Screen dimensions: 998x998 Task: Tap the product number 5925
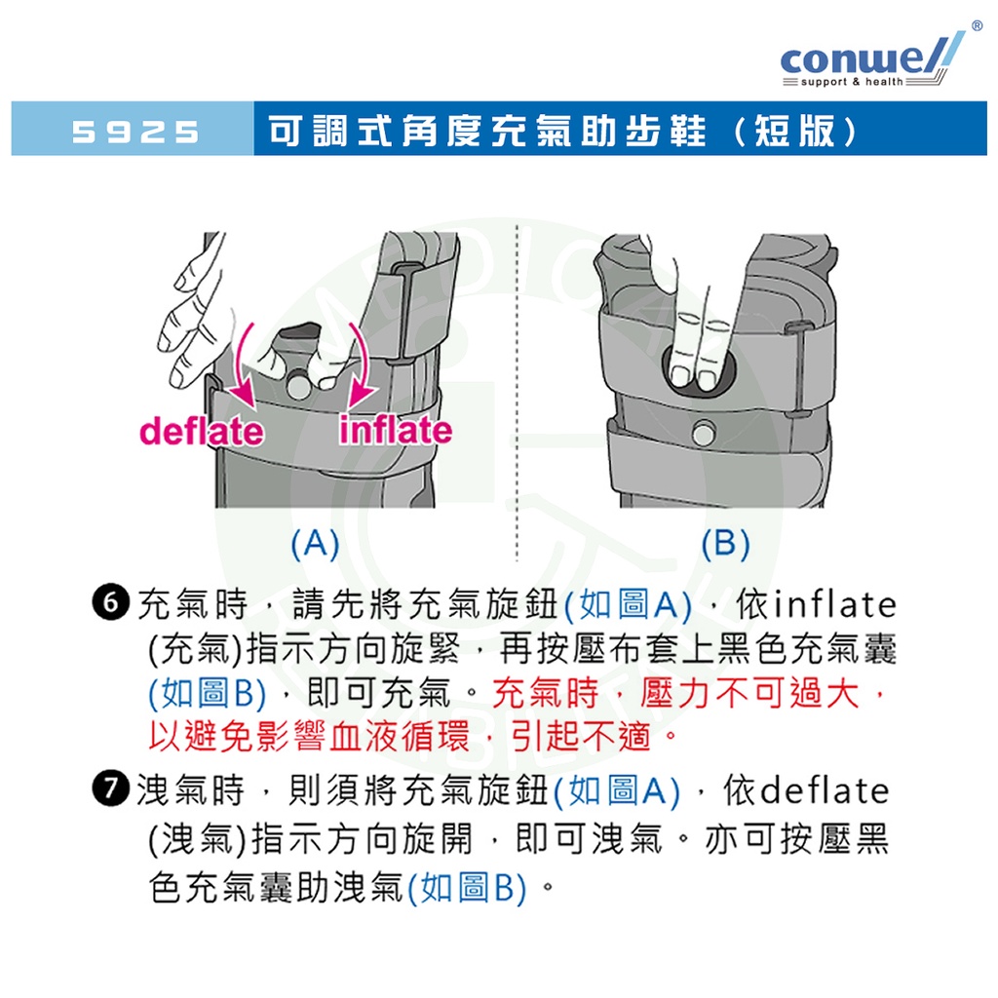(x=135, y=132)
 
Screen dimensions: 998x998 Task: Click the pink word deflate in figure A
(x=201, y=431)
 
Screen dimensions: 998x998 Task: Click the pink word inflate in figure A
(x=396, y=429)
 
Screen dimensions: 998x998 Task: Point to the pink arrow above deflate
(x=242, y=366)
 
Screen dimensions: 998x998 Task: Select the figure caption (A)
(x=315, y=544)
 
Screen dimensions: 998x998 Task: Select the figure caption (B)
(x=725, y=544)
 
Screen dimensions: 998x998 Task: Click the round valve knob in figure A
(x=298, y=385)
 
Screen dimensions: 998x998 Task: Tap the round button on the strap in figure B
(x=704, y=434)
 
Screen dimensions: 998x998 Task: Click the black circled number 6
(x=111, y=602)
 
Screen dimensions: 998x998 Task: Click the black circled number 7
(x=111, y=789)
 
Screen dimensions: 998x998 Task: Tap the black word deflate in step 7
(x=825, y=790)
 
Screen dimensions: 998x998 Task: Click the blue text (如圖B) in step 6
(x=208, y=693)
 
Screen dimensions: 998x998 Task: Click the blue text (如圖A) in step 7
(x=617, y=791)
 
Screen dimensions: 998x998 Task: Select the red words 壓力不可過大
(x=749, y=693)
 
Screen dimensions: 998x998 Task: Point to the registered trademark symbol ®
(x=977, y=25)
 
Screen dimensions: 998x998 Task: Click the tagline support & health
(x=852, y=82)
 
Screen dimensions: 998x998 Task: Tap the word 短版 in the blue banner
(x=794, y=132)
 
